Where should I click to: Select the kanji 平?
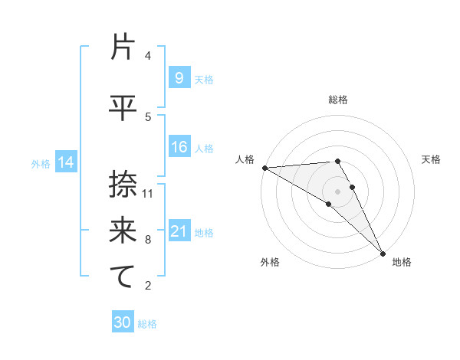[123, 107]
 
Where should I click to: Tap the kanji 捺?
[123, 184]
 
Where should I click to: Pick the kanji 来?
[123, 230]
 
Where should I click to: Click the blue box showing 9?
[179, 78]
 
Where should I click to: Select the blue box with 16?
[179, 147]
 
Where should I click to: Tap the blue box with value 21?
[179, 231]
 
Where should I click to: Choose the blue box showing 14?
[66, 162]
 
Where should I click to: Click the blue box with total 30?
[123, 322]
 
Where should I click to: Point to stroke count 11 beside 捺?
[148, 193]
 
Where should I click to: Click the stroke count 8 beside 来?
[148, 240]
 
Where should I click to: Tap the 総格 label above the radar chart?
[338, 100]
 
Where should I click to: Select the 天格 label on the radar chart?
[431, 159]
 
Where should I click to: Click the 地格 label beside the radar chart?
[402, 262]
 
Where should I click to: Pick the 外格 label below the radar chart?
[270, 262]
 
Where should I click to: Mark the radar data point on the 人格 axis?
[264, 168]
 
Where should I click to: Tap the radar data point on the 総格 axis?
[338, 161]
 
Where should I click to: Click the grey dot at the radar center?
[338, 191]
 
